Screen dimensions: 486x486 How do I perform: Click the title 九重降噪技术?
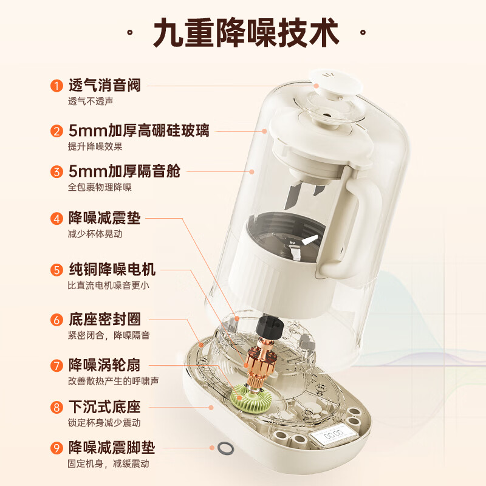click(x=247, y=33)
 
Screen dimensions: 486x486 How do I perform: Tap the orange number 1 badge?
click(x=56, y=85)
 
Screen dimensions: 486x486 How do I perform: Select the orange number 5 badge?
click(x=56, y=270)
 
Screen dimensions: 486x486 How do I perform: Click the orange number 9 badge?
click(x=56, y=448)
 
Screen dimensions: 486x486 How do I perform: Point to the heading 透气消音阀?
click(x=104, y=85)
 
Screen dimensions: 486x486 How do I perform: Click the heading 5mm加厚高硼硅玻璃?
click(x=139, y=131)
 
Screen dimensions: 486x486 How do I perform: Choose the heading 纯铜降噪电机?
click(x=112, y=269)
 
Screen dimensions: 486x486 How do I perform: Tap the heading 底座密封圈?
click(x=104, y=320)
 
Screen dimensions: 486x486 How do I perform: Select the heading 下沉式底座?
click(x=104, y=407)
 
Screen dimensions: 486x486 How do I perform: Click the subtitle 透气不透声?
click(x=91, y=101)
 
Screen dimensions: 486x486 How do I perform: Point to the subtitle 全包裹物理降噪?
click(x=100, y=187)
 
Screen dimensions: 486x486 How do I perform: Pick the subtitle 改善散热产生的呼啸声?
click(x=114, y=381)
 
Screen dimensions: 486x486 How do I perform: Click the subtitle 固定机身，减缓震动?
click(x=109, y=464)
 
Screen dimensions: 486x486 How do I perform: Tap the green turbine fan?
click(x=251, y=399)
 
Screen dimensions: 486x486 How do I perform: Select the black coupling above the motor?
click(x=270, y=329)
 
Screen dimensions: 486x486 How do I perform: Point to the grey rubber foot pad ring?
click(x=225, y=448)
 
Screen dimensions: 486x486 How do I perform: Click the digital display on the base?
click(x=334, y=436)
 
